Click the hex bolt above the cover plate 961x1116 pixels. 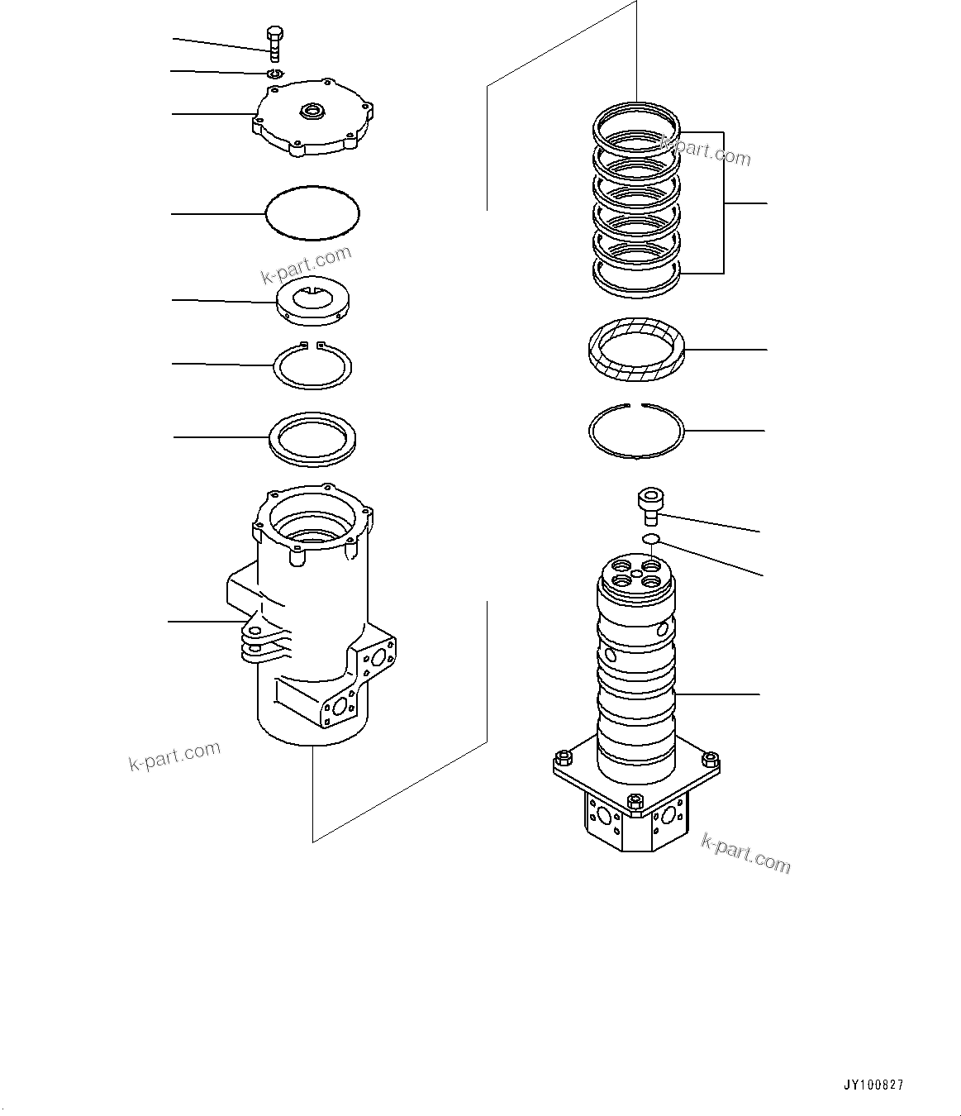(x=274, y=43)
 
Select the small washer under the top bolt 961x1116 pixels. (x=275, y=74)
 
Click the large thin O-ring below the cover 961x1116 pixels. (x=313, y=213)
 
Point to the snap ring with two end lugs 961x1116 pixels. (x=313, y=364)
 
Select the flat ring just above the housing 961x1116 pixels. (x=313, y=436)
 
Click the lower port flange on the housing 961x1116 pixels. (x=339, y=708)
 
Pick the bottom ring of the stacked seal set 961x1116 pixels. (x=637, y=276)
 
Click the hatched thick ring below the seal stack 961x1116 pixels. (x=637, y=351)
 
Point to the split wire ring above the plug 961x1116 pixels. (x=636, y=431)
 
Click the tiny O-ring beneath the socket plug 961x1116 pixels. (x=650, y=540)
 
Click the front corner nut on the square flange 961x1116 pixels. (x=634, y=801)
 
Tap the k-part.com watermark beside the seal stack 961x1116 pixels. (x=706, y=150)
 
